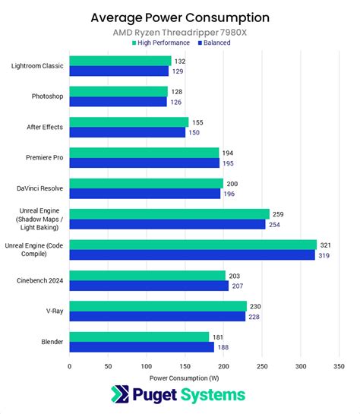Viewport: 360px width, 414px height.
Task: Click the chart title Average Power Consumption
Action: (179, 17)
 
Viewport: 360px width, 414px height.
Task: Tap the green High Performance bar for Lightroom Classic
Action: (120, 61)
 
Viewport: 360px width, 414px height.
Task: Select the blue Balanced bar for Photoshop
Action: (118, 101)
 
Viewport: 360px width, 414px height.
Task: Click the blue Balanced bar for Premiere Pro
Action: (144, 163)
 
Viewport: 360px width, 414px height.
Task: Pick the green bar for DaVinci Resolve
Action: (146, 183)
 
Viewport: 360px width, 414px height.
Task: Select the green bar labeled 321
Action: (193, 245)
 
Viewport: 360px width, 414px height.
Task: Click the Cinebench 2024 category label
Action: (39, 280)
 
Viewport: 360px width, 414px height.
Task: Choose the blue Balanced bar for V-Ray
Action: (157, 316)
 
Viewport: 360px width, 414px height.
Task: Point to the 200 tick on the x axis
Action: (223, 365)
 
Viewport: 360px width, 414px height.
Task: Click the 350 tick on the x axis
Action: (339, 365)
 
